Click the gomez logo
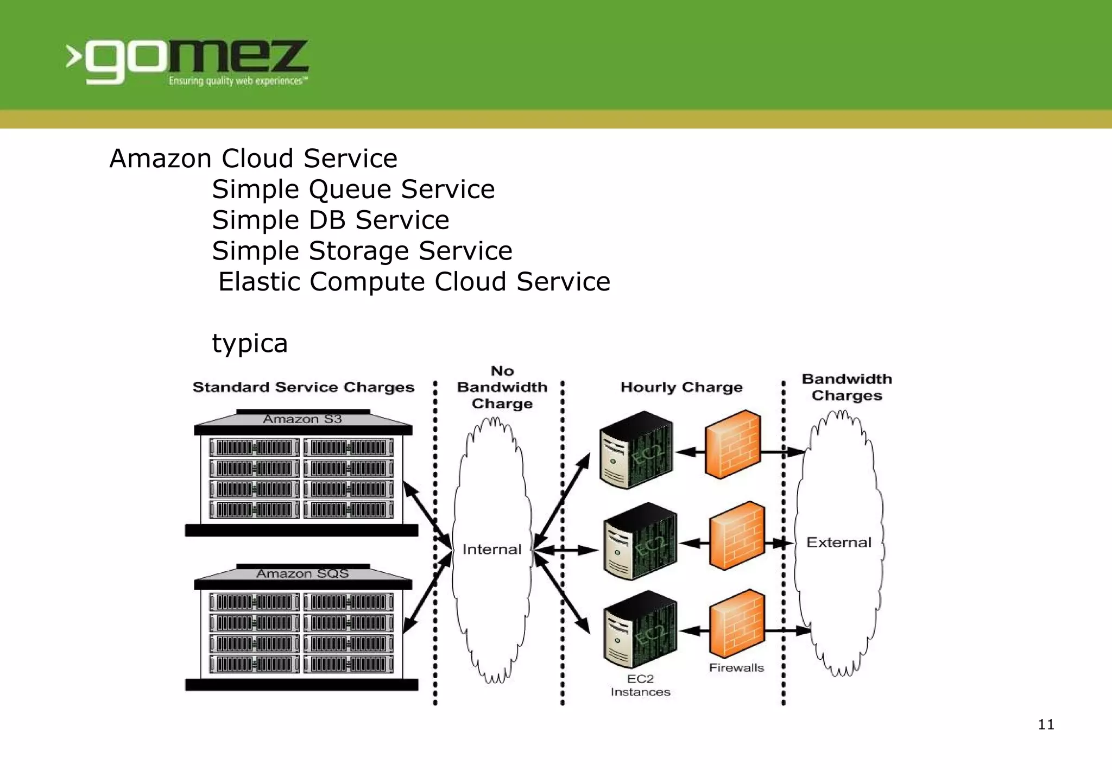point(187,61)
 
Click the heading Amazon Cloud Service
point(253,159)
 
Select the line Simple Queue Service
point(353,190)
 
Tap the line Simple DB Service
point(330,220)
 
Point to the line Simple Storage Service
point(362,251)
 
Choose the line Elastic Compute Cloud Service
point(414,282)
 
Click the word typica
point(249,343)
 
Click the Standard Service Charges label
point(303,387)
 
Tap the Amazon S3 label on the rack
point(302,419)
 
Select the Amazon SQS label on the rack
point(302,573)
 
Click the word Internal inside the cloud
point(491,550)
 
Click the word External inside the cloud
point(838,542)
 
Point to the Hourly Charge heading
point(681,387)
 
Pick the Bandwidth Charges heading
point(846,387)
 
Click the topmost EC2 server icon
point(636,450)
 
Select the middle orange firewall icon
point(737,535)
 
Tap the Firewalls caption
point(736,668)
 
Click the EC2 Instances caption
point(640,685)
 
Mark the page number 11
point(1046,724)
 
